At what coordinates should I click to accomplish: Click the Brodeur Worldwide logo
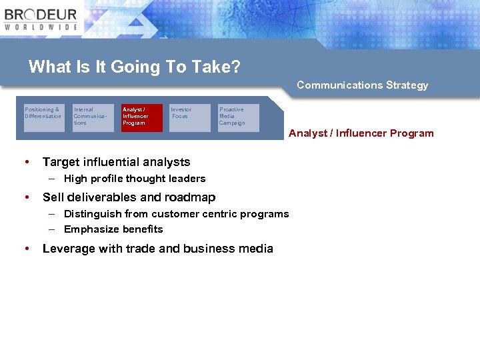coord(41,19)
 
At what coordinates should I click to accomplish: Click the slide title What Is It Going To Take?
coord(135,67)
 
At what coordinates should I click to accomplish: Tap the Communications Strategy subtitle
coord(362,85)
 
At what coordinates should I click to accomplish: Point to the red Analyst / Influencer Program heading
coord(361,133)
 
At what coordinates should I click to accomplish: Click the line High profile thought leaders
coord(135,179)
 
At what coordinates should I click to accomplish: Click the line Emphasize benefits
coord(113,229)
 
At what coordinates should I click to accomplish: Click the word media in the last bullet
coord(255,249)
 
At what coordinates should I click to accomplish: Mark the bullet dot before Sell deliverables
coord(26,197)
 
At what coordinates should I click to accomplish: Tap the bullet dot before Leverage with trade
coord(26,249)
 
